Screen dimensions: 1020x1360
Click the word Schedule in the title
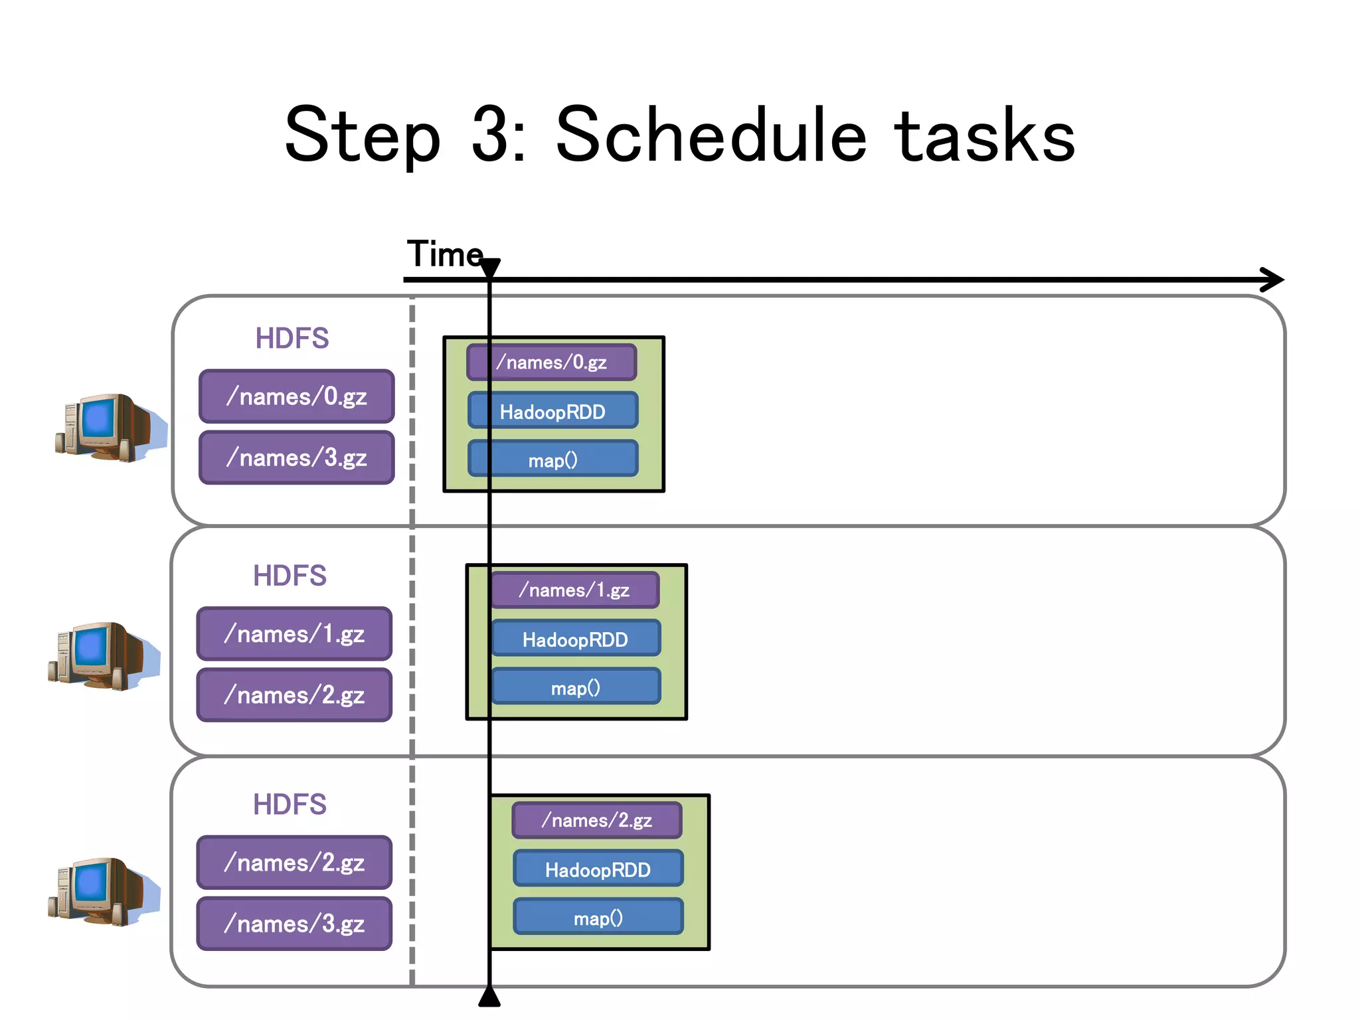(711, 136)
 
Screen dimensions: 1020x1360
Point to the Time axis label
(444, 254)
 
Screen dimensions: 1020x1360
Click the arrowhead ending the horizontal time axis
(1272, 280)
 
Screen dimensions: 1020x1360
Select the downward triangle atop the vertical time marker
(489, 268)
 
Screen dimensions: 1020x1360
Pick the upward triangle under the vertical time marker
(489, 997)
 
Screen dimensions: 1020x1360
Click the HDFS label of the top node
(292, 339)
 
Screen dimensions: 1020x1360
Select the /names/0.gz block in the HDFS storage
(296, 396)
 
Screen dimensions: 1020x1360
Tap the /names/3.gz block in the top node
(296, 458)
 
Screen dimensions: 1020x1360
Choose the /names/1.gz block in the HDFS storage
(294, 634)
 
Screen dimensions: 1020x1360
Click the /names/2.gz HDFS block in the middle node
(294, 695)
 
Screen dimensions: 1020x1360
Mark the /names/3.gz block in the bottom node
(294, 924)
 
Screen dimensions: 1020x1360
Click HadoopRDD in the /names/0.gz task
(552, 412)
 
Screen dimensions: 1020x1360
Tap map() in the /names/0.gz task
(552, 460)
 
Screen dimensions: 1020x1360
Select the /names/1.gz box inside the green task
(575, 590)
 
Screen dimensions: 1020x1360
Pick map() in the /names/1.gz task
(575, 687)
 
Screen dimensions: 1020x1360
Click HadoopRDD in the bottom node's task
(598, 869)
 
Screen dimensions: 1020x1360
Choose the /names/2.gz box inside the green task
(596, 821)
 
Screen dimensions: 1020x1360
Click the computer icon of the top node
(110, 427)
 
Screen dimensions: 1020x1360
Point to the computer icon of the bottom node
(103, 891)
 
